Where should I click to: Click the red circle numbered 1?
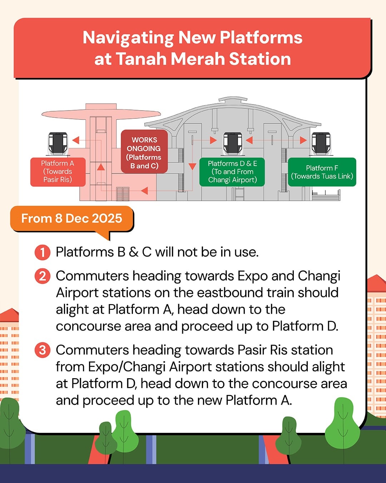[43, 252]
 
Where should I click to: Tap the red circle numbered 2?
[43, 276]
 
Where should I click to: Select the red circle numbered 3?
[43, 350]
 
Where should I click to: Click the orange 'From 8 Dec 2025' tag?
[71, 219]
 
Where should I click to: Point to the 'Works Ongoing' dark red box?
[144, 151]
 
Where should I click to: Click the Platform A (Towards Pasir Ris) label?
[58, 172]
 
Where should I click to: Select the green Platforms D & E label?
[232, 172]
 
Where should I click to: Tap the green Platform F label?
[322, 172]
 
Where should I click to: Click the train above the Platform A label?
[58, 143]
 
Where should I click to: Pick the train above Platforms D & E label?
[233, 143]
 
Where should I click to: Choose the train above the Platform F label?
[321, 143]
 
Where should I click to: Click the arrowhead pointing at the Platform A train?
[76, 140]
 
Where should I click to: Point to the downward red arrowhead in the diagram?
[192, 166]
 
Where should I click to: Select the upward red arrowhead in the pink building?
[101, 167]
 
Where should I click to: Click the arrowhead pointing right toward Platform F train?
[303, 140]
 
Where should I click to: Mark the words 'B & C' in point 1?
[134, 252]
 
